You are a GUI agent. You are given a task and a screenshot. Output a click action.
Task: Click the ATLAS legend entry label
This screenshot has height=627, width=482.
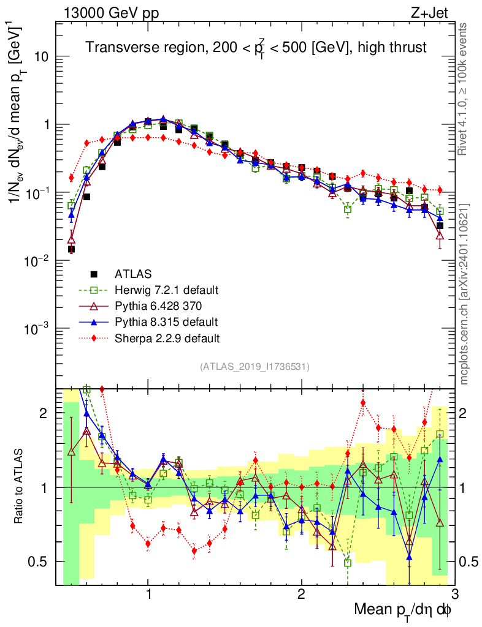(133, 274)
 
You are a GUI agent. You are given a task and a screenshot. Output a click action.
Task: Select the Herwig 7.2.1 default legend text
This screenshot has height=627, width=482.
(167, 290)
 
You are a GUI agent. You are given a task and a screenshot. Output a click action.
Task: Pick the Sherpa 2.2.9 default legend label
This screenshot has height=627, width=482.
(167, 337)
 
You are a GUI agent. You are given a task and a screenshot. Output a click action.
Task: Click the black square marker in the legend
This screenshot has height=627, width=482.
(94, 274)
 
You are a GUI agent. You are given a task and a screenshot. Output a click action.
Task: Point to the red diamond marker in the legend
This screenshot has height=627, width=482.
(94, 337)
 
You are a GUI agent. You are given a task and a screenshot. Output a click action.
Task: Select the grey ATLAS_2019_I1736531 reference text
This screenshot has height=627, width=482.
(254, 367)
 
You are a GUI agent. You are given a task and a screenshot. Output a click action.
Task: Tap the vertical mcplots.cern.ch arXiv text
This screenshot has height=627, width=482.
(464, 294)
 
